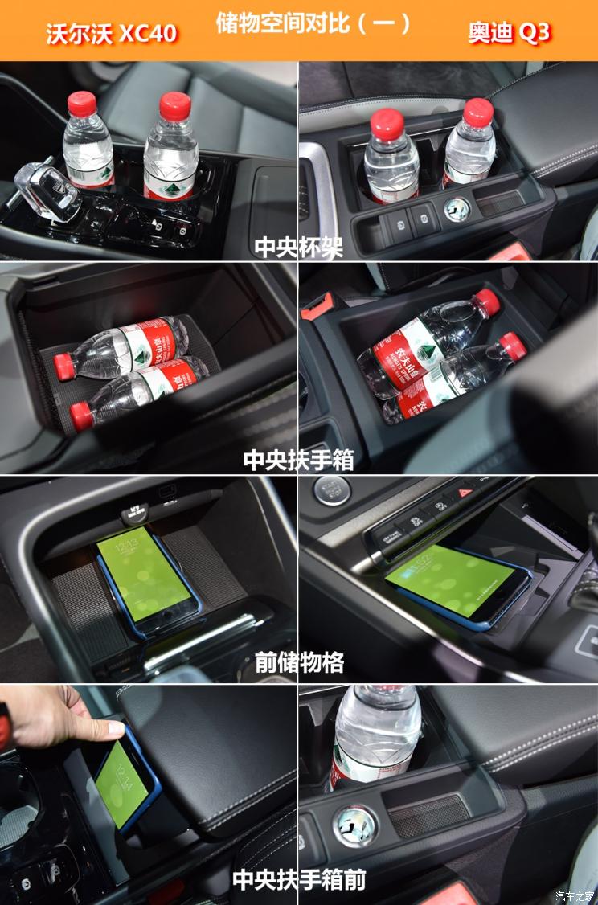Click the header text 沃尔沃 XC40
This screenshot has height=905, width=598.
[x=111, y=33]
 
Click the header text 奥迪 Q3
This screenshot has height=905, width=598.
[x=510, y=33]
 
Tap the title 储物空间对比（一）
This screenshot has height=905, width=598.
[x=313, y=23]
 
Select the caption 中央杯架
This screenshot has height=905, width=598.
[x=299, y=247]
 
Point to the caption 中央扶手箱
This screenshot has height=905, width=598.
[x=299, y=460]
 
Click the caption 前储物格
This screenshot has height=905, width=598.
[x=299, y=662]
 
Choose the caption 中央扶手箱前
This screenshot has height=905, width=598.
[x=299, y=879]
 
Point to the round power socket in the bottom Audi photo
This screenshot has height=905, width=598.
[x=354, y=825]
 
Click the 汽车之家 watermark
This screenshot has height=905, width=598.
[x=575, y=895]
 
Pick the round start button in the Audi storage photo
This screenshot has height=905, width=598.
[x=331, y=489]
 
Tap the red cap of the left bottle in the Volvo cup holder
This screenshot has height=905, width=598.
[x=82, y=104]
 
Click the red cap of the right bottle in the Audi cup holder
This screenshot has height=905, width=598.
[x=477, y=113]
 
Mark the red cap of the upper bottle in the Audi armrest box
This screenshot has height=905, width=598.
[x=486, y=302]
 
